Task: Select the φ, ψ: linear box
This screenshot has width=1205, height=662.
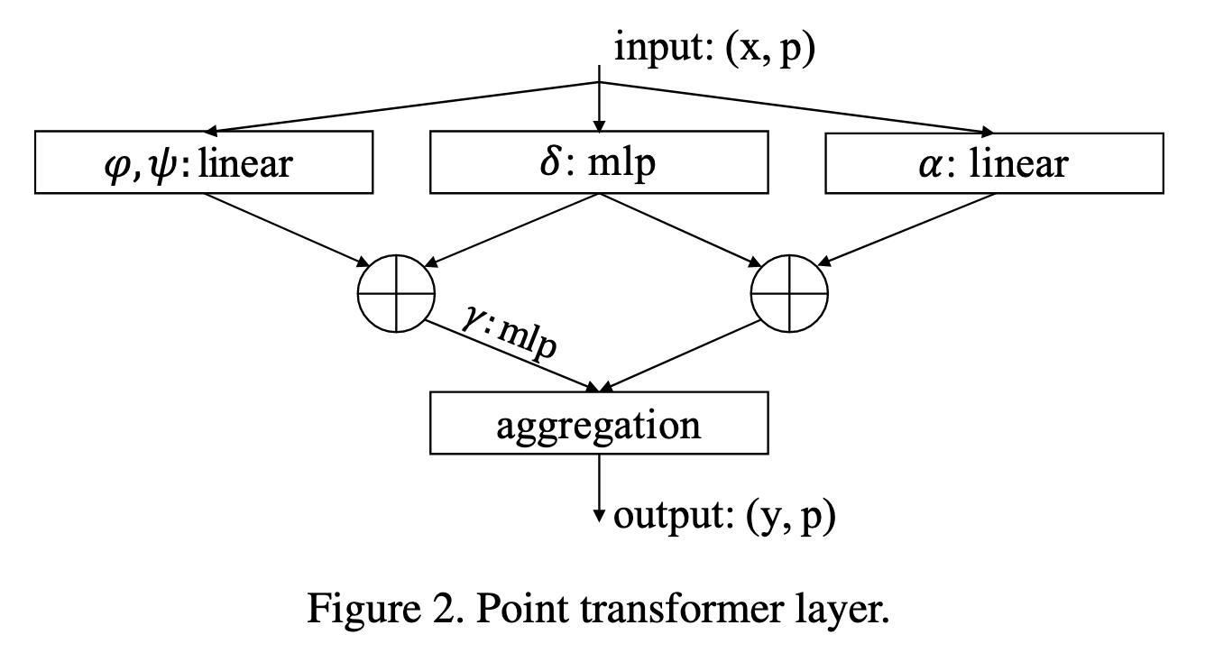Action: point(204,162)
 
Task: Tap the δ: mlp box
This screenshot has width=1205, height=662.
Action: point(599,162)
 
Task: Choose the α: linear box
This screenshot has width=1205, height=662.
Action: point(994,162)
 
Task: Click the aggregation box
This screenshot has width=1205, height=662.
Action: point(599,424)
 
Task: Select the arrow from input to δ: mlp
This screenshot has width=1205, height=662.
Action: point(598,104)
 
